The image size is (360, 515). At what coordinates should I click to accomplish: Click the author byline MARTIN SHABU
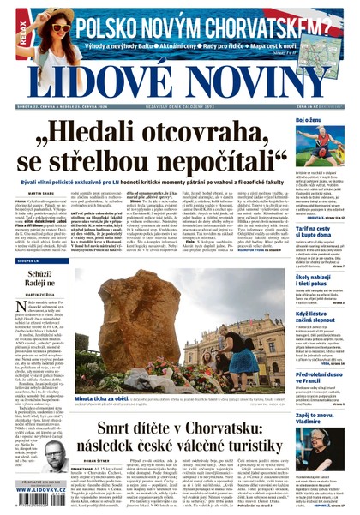[x=31, y=194]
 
